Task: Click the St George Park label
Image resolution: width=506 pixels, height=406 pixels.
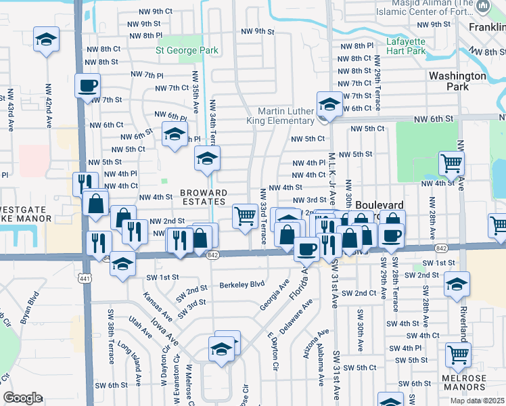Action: coord(187,50)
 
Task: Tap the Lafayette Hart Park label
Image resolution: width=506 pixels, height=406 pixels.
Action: coord(406,45)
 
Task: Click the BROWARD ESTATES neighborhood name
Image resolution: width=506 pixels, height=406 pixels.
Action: coord(203,197)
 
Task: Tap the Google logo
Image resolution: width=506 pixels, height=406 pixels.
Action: coord(22,398)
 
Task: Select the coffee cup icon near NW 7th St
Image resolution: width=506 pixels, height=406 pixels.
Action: coord(88,86)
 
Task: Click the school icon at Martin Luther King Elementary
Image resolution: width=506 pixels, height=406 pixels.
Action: coord(329,104)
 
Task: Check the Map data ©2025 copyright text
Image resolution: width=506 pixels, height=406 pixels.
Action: coord(476,401)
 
